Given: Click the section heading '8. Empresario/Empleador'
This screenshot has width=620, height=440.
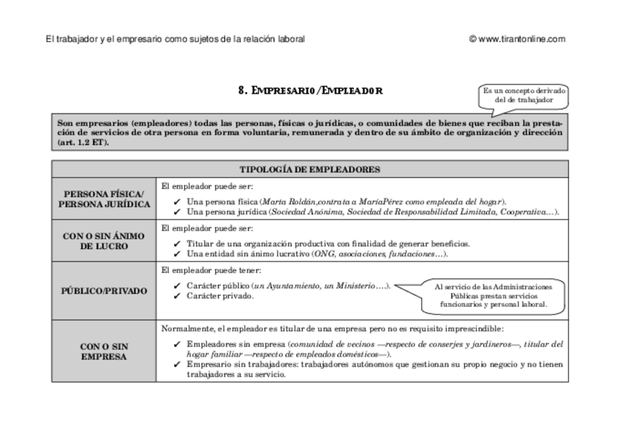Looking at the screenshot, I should [310, 91].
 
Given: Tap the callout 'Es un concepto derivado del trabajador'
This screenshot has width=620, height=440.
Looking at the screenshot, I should [523, 95].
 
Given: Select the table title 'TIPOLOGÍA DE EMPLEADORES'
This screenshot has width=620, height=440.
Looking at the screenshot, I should [310, 169].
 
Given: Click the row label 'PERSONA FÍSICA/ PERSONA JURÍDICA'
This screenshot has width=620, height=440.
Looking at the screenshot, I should [104, 198].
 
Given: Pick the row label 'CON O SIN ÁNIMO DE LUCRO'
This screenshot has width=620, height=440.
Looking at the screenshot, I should [104, 241].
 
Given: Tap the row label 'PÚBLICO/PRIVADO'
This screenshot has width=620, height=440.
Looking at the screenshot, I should [104, 291].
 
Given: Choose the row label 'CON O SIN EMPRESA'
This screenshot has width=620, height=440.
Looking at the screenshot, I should [104, 351].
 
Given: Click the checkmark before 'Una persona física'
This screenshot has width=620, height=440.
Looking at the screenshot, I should [177, 202].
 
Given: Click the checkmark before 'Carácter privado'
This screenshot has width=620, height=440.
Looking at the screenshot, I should [177, 296].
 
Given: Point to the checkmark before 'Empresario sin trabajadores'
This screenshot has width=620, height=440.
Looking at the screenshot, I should [177, 364].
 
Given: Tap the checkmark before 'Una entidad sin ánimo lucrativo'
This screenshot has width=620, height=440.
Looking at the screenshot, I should [177, 254].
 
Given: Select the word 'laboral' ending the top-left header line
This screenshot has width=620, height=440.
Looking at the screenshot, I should [291, 39].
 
